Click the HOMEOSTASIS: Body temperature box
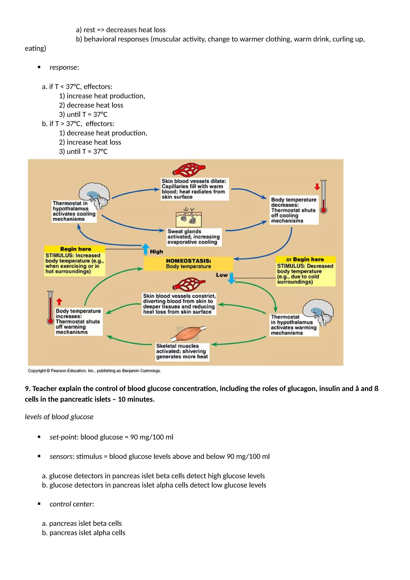pos(188,263)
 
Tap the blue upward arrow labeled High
pos(146,249)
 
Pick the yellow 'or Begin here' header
pos(305,259)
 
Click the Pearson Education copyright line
pos(94,371)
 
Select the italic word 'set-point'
pos(63,437)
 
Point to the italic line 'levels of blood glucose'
pos(59,416)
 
